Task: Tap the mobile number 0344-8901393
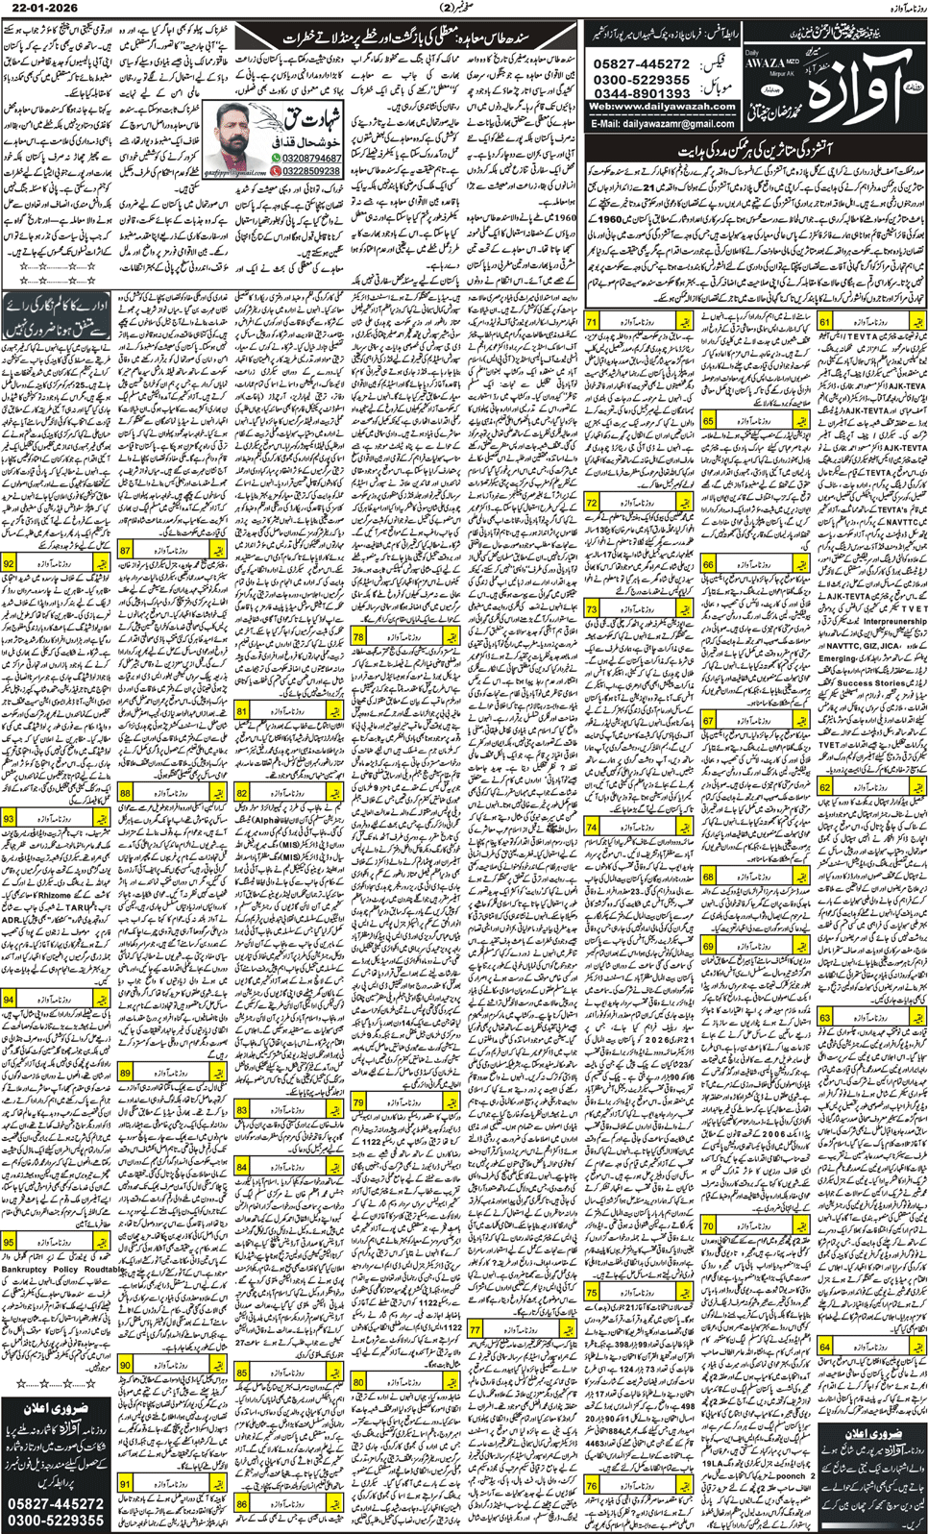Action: point(642,93)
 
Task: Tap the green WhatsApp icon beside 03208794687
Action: point(277,158)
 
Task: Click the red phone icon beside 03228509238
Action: point(277,171)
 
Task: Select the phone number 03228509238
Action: point(311,171)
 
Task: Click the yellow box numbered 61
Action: point(825,322)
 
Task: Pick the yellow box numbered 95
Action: point(9,1241)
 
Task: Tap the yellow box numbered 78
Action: point(358,636)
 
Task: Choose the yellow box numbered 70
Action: point(708,1225)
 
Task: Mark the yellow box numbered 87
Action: point(126,550)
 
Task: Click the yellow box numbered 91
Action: point(126,1484)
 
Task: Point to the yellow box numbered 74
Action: point(592,827)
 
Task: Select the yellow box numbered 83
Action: point(242,1109)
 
